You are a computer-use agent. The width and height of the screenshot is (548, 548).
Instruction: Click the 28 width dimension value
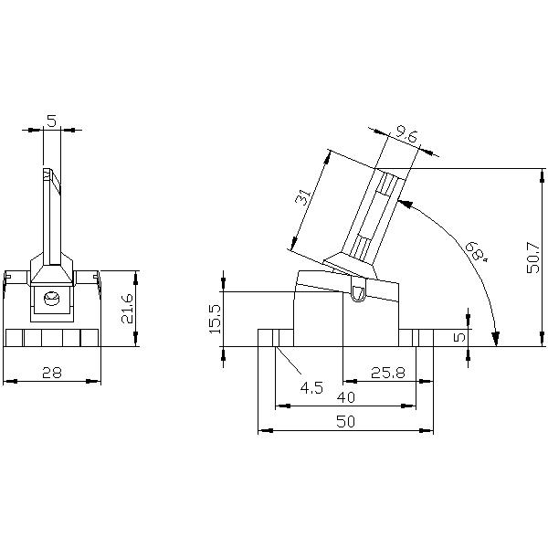[52, 373]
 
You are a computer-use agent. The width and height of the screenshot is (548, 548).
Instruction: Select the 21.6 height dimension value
[127, 309]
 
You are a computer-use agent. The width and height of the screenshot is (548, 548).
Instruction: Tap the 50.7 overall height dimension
[533, 258]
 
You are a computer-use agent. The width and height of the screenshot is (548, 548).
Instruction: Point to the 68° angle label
[477, 250]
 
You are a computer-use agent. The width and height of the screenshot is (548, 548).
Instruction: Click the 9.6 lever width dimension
[406, 135]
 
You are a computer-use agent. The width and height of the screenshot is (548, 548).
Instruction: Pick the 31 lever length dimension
[302, 196]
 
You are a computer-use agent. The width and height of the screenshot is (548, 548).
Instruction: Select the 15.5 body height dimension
[215, 319]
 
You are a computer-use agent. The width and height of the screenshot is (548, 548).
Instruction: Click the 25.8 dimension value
[387, 373]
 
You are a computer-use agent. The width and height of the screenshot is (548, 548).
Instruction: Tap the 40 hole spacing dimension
[345, 397]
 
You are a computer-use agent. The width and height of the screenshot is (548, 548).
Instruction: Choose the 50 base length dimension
[345, 421]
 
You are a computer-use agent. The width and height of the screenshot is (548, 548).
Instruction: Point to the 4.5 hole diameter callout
[311, 387]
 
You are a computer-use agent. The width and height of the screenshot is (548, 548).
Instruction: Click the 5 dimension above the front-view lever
[51, 121]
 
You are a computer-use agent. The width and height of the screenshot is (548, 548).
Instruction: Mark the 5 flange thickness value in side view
[460, 336]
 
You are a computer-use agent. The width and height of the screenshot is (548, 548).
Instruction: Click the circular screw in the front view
[52, 298]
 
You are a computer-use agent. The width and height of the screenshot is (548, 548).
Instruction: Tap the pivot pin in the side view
[358, 293]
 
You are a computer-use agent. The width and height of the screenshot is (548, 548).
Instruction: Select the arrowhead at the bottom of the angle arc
[495, 338]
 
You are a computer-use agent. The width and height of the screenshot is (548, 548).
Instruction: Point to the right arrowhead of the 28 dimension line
[94, 381]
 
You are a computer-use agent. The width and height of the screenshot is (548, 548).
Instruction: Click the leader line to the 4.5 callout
[289, 360]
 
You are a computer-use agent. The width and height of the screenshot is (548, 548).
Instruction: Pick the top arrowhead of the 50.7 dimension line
[542, 175]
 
